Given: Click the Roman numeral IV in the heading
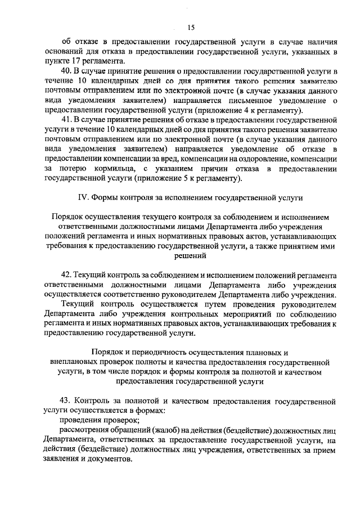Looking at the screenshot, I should (80, 198).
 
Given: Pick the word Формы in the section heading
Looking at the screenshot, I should (105, 198).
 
